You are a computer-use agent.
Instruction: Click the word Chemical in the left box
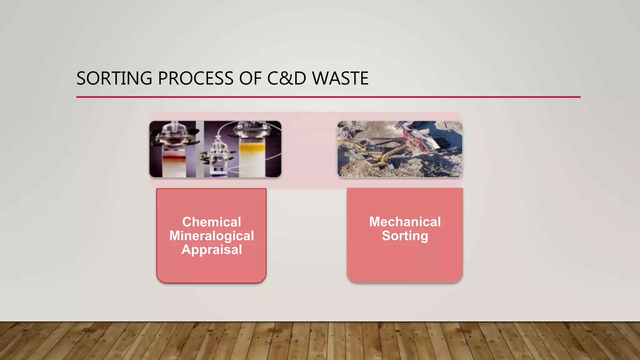coord(212,222)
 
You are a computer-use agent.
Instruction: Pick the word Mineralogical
coord(212,236)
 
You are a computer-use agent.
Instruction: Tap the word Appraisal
coord(212,249)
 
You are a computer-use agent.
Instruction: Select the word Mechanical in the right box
coord(405,222)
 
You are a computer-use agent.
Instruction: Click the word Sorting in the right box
coord(405,235)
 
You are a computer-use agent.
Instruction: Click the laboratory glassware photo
coord(215,149)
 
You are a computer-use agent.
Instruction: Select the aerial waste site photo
coord(400,149)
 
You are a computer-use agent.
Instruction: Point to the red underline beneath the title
coord(328,97)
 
